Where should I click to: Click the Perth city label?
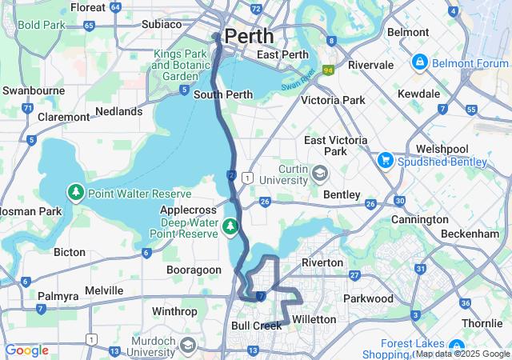[249, 36]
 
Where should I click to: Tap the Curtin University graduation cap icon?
[320, 174]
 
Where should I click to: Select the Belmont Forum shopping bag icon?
[419, 62]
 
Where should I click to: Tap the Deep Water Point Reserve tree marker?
[231, 227]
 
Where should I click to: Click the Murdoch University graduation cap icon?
[187, 345]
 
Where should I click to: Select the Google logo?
[26, 350]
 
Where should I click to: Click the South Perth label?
[223, 94]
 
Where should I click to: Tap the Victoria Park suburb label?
[333, 100]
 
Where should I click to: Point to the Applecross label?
[183, 209]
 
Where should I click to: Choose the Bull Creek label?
[254, 326]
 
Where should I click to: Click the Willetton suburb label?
[314, 319]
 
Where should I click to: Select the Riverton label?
[322, 262]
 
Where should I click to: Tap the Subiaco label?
[162, 24]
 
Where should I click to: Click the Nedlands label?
[118, 111]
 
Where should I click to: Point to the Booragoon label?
[193, 270]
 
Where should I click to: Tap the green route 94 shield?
[328, 70]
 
